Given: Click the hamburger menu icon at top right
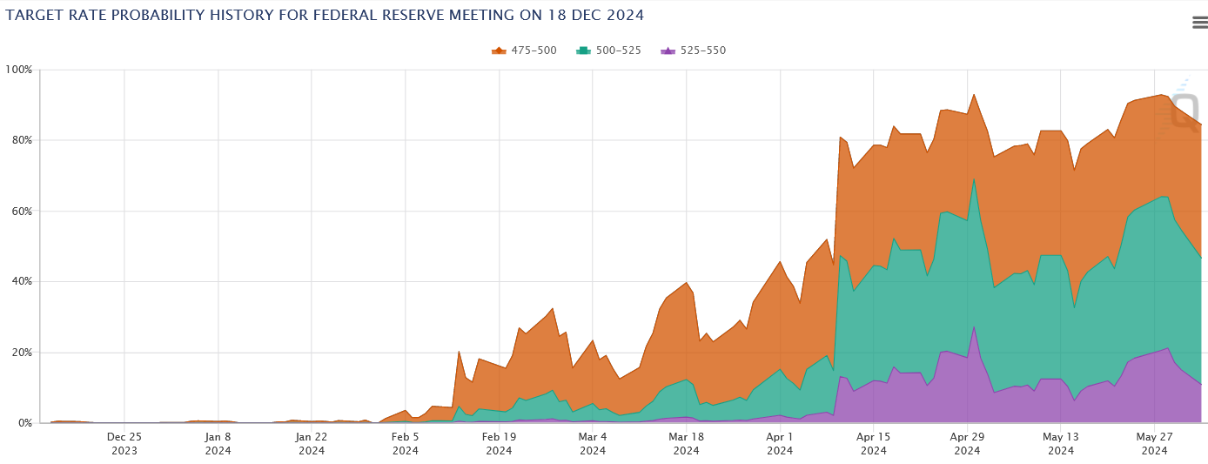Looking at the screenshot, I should pos(1199,23).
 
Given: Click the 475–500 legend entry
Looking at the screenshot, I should pos(524,50).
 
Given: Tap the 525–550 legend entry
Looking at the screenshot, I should pos(693,50).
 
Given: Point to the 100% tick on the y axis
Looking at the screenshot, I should pos(19,70).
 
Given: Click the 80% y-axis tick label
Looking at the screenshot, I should pos(21,140).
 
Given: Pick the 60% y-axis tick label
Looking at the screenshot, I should pos(21,211).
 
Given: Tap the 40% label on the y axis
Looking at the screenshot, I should pos(21,281).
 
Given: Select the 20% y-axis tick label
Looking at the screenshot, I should pos(21,353).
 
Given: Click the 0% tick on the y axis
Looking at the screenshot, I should pos(24,423).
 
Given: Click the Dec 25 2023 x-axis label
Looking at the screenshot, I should pos(124,443).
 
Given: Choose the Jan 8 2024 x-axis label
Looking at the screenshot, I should pos(218,443).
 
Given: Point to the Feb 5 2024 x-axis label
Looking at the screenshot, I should pos(406,443).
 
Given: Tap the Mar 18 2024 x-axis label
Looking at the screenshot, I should pos(687,443).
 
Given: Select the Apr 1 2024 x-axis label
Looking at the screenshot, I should pos(780,443).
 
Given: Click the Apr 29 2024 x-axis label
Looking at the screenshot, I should pos(968,443).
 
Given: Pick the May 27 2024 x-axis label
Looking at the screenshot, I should pos(1155,443).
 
